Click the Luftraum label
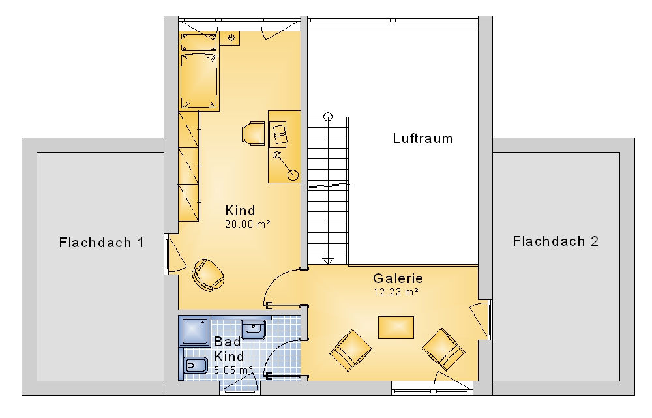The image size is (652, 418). pyautogui.click(x=422, y=138)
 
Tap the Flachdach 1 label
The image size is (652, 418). pyautogui.click(x=102, y=243)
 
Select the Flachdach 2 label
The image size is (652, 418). pyautogui.click(x=556, y=241)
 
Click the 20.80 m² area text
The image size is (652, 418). pyautogui.click(x=248, y=224)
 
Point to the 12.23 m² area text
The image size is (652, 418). pyautogui.click(x=396, y=292)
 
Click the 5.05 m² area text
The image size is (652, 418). pyautogui.click(x=233, y=370)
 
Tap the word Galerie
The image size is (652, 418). pyautogui.click(x=398, y=278)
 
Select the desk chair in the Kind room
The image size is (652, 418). pyautogui.click(x=253, y=134)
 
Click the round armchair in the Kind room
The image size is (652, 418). pyautogui.click(x=208, y=275)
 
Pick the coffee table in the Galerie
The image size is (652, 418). pyautogui.click(x=396, y=328)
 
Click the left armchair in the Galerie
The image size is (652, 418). pyautogui.click(x=351, y=350)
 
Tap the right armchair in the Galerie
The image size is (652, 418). pyautogui.click(x=443, y=349)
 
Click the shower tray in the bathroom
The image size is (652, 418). pyautogui.click(x=194, y=331)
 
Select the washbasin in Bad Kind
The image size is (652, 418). pyautogui.click(x=253, y=329)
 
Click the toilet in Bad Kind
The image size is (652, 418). pyautogui.click(x=195, y=366)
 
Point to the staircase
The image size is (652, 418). pyautogui.click(x=328, y=190)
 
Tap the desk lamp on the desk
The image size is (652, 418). pyautogui.click(x=286, y=166)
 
